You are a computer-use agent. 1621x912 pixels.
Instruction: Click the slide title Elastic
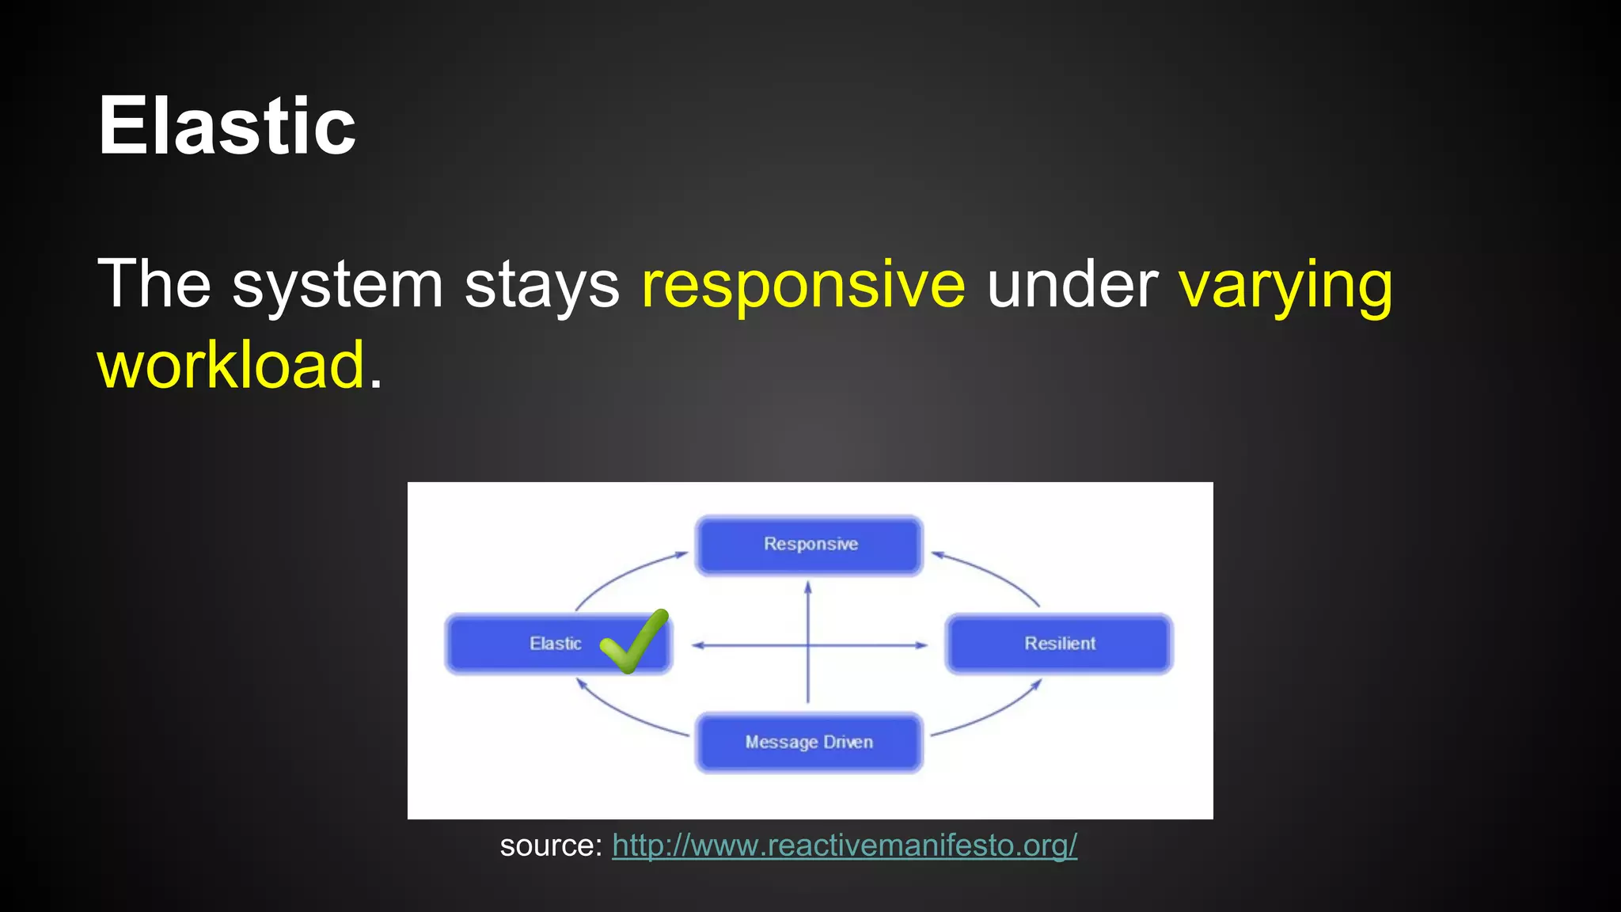coord(227,127)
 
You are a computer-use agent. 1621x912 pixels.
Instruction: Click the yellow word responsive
coord(803,284)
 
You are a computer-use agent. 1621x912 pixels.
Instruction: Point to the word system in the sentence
coord(337,284)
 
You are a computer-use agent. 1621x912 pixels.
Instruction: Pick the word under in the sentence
coord(1072,284)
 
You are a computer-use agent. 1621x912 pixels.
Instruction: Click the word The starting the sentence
coord(154,284)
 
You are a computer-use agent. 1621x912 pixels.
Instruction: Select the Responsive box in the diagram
coord(809,545)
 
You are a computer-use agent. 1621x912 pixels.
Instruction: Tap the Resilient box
coord(1059,644)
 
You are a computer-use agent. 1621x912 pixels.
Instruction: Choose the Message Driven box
coord(809,743)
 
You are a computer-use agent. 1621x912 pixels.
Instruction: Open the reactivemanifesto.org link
coord(845,845)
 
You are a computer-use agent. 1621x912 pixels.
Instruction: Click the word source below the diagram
coord(551,845)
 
